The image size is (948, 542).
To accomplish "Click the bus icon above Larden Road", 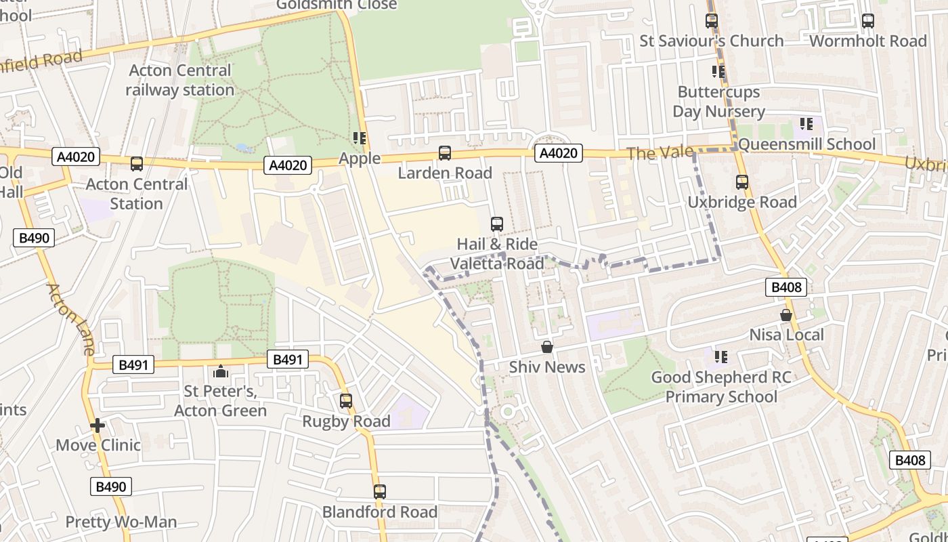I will [x=445, y=153].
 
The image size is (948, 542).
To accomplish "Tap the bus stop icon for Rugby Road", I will [x=346, y=401].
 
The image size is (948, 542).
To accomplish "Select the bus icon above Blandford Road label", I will [x=380, y=492].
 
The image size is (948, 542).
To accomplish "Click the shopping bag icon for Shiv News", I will [x=547, y=348].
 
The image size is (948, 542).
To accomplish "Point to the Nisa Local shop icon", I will [x=786, y=315].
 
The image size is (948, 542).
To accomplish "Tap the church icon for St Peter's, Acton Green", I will [x=220, y=371].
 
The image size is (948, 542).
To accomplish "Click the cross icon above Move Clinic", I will [x=98, y=425].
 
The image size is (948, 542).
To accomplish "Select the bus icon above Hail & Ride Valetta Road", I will [x=497, y=224].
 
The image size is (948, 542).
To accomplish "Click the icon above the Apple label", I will [x=360, y=138].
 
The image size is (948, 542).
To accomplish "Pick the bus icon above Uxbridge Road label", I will [x=742, y=182].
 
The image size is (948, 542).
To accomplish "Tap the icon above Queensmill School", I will [x=806, y=124].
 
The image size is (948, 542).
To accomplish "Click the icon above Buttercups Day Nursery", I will [x=718, y=72].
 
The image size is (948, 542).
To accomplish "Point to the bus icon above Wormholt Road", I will [x=868, y=21].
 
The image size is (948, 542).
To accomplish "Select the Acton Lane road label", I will [x=70, y=319].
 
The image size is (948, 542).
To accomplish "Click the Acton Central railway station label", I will [x=179, y=80].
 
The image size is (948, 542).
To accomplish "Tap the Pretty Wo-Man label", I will [x=121, y=522].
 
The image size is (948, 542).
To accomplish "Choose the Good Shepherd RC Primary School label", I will [x=721, y=387].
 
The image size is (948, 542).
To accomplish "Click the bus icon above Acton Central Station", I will [x=137, y=164].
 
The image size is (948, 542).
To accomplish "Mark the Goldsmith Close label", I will [x=337, y=5].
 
